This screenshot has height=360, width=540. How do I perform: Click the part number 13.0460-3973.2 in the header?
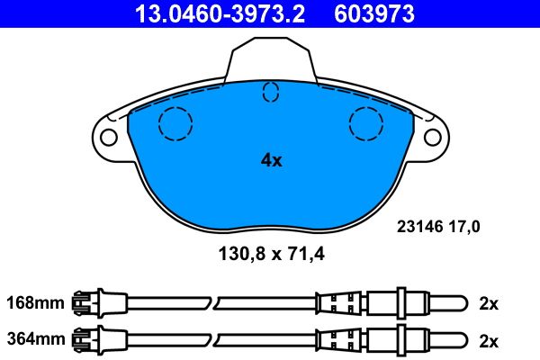tap(220, 13)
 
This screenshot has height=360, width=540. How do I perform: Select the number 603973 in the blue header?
tap(374, 13)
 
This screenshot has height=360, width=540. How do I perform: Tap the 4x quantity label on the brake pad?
tap(272, 160)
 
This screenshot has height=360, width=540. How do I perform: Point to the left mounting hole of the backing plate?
tap(109, 137)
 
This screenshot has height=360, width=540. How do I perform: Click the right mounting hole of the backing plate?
tap(433, 137)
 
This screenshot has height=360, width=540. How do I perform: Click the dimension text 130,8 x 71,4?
tap(272, 254)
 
